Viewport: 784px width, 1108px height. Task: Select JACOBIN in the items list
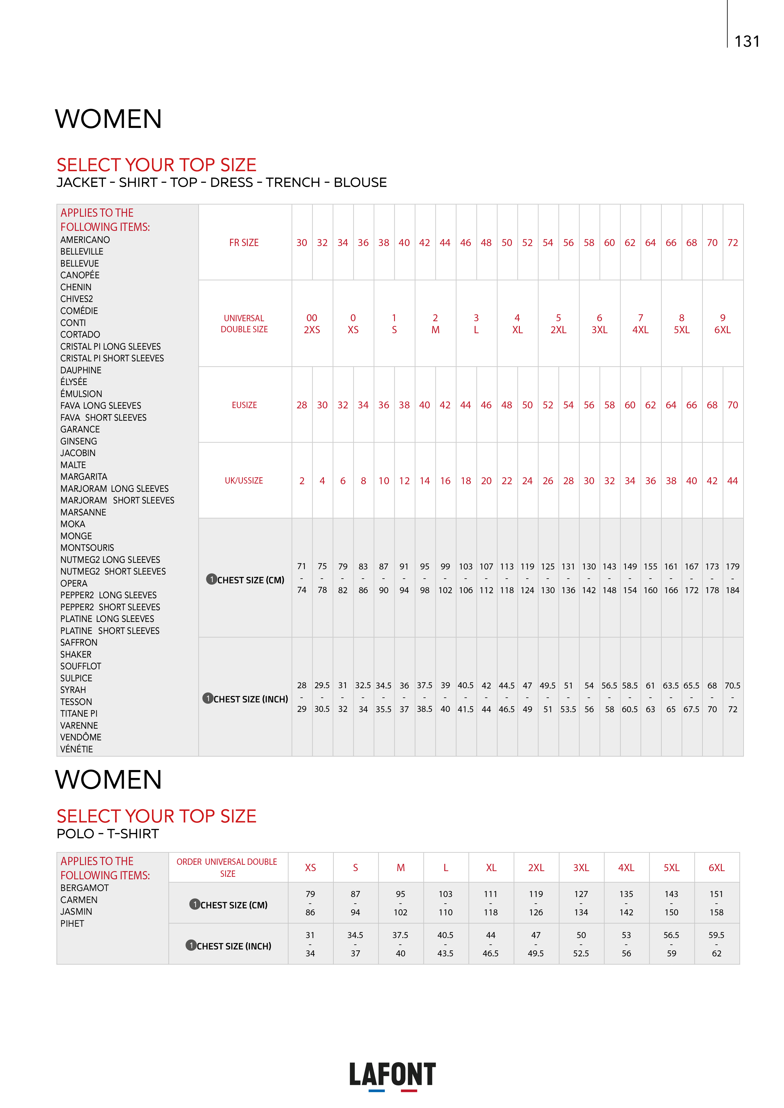(x=78, y=453)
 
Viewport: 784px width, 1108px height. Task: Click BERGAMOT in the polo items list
(x=84, y=888)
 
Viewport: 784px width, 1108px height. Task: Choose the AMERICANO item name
(x=85, y=240)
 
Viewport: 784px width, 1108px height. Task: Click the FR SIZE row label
(x=244, y=243)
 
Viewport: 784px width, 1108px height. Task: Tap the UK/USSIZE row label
(x=244, y=481)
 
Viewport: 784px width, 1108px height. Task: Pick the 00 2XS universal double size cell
(x=312, y=324)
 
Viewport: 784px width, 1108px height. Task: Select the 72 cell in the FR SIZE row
(x=732, y=243)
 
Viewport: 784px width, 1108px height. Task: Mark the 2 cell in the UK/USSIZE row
(x=302, y=481)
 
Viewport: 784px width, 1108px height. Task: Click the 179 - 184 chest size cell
(x=732, y=578)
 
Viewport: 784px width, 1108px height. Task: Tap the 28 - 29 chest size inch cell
(x=302, y=697)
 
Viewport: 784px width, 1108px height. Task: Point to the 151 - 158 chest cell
(x=716, y=903)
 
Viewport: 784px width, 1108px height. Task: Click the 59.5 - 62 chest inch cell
(x=716, y=944)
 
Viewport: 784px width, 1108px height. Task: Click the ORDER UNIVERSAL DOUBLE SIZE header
(x=228, y=868)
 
